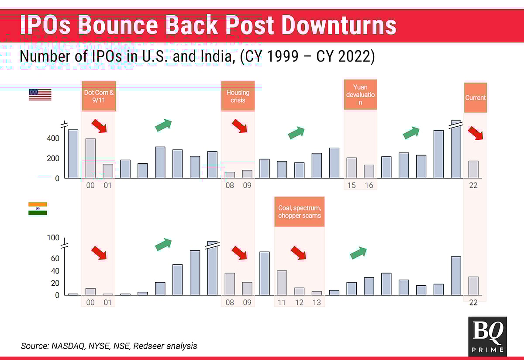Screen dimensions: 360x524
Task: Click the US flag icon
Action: [40, 95]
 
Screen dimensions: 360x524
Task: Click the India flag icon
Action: [38, 208]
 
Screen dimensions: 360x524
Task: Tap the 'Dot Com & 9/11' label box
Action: [99, 96]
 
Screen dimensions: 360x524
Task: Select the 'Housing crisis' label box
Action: [238, 96]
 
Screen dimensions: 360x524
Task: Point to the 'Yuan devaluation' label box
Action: [360, 95]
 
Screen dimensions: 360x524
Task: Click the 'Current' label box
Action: [475, 97]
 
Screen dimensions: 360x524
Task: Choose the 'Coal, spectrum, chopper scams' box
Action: [300, 211]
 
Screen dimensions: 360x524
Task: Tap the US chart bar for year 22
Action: [473, 170]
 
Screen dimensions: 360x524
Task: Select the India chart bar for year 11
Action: [282, 283]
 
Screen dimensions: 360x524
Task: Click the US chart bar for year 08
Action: [230, 175]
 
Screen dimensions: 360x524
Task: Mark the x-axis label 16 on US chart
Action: [369, 185]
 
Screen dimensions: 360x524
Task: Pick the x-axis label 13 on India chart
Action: [317, 302]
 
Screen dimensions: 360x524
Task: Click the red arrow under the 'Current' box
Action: [476, 133]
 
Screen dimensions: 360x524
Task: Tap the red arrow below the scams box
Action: [299, 253]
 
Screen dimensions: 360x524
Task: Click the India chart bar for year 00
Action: [90, 292]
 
